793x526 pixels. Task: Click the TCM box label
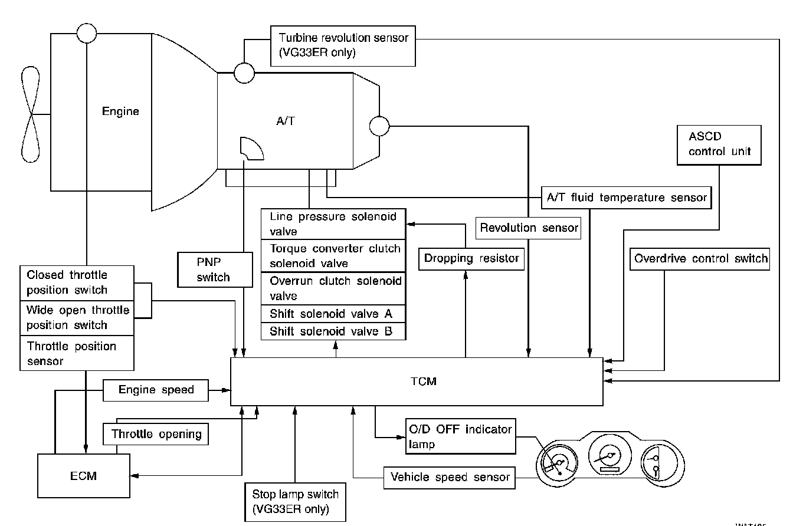point(424,382)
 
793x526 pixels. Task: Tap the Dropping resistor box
point(471,258)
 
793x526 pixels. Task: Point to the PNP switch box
point(213,269)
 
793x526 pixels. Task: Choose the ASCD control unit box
point(719,144)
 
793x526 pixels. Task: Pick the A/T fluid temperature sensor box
point(625,198)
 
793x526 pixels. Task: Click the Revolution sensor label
point(529,228)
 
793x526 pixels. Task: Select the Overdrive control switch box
point(700,258)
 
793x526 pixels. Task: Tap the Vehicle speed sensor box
point(450,477)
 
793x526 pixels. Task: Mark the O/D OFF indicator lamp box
point(460,436)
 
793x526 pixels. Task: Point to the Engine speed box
point(156,390)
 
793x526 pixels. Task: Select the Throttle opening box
point(156,435)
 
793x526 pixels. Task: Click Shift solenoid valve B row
point(333,331)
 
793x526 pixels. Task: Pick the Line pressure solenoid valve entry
point(333,224)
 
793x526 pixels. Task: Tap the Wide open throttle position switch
point(77,317)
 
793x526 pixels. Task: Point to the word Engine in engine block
point(120,111)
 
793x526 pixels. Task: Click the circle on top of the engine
point(87,33)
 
